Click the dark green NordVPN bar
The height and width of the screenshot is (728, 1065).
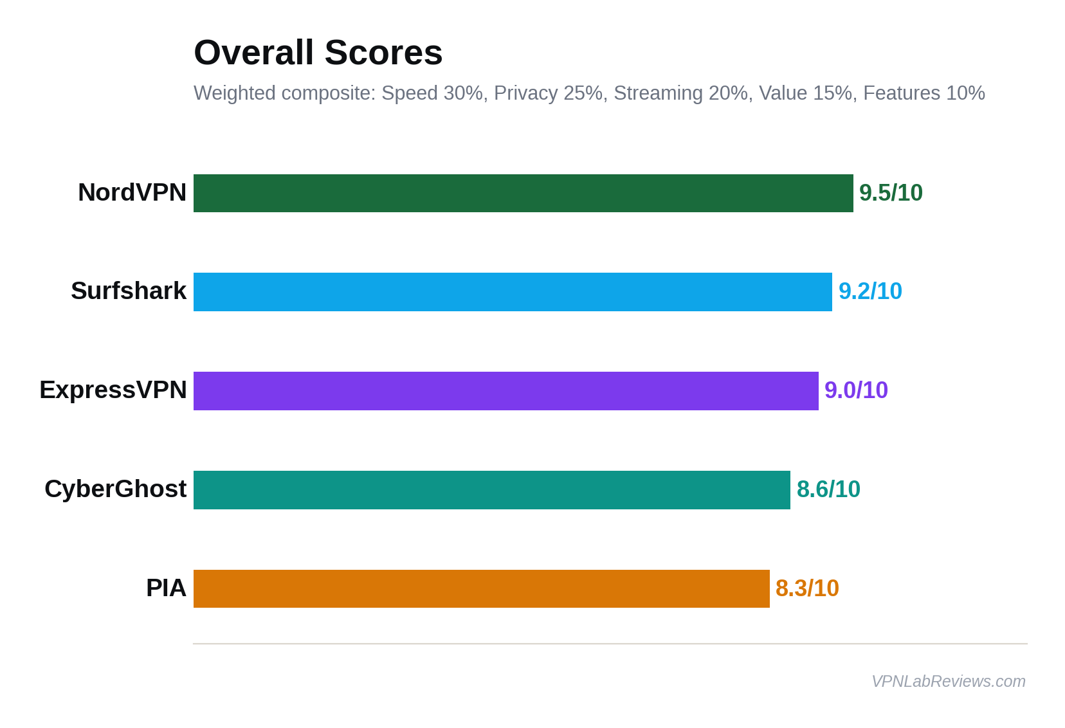[523, 193]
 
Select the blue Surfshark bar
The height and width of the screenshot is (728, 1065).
[513, 292]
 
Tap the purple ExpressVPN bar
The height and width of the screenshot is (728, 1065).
[505, 391]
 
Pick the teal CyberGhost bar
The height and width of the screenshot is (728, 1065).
[491, 490]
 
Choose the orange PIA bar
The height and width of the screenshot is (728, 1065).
[481, 588]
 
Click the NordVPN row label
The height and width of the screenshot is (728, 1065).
[132, 192]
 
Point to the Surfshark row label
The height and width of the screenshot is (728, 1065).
[129, 291]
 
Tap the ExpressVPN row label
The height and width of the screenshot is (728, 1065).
[113, 390]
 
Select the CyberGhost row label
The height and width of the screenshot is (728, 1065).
[116, 489]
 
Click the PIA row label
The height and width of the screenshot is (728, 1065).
[166, 588]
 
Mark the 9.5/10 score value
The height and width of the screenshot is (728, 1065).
[891, 193]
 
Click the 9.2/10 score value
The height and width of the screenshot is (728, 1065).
[870, 291]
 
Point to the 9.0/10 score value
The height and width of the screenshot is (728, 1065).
[856, 390]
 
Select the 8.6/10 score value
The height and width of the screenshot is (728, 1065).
[828, 489]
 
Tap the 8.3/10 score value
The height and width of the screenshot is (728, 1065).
[807, 588]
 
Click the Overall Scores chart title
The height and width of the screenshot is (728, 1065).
[318, 52]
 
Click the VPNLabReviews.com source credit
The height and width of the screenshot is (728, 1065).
[948, 681]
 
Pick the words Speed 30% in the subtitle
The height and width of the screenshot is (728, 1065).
[432, 93]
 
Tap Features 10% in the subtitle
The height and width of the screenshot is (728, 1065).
[924, 93]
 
